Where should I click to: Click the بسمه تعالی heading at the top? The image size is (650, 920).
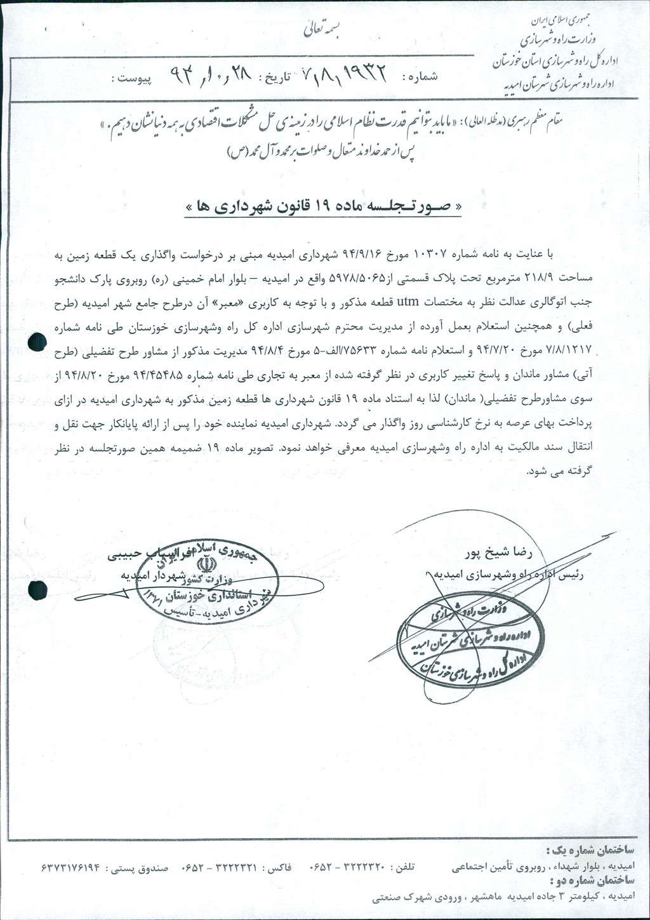tap(323, 29)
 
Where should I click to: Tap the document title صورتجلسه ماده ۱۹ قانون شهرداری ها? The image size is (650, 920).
tap(323, 207)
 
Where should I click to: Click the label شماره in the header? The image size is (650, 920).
tap(420, 77)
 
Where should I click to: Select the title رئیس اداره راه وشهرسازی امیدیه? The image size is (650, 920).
tap(512, 574)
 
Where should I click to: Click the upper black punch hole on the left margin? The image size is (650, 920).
tap(39, 343)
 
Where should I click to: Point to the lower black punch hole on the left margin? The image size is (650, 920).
tap(37, 590)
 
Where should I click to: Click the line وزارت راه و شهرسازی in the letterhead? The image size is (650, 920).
tap(557, 39)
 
